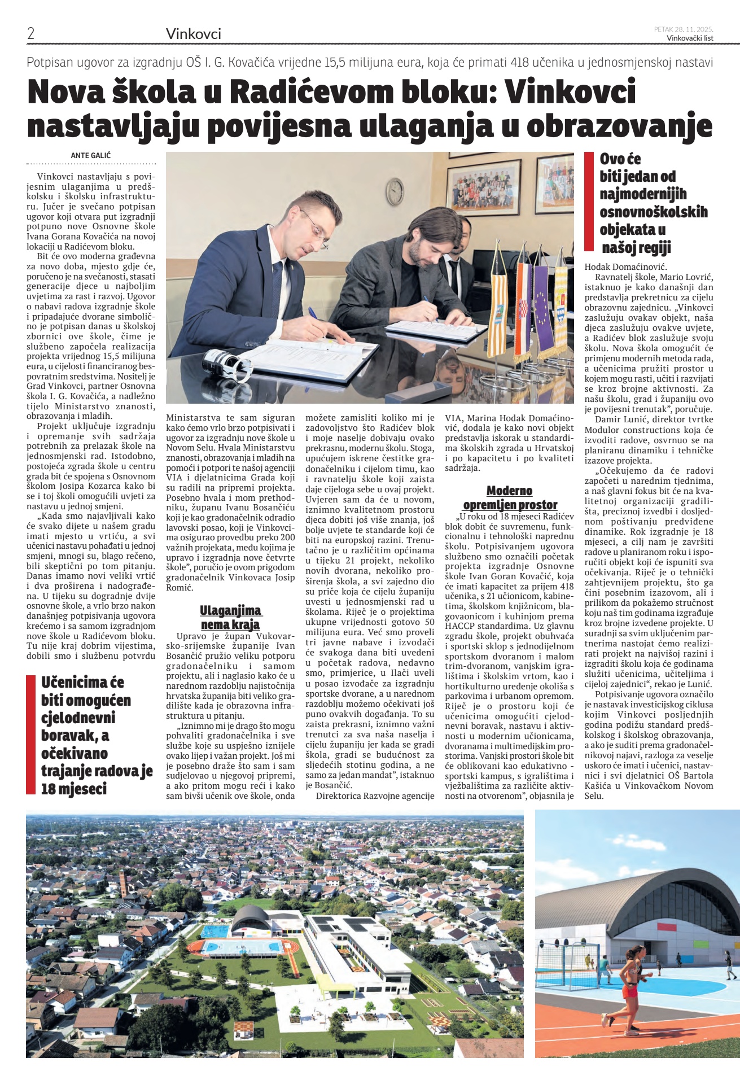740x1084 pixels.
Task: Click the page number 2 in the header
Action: (x=31, y=33)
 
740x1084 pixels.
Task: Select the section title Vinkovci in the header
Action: (x=194, y=34)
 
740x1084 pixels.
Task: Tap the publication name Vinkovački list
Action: (x=690, y=38)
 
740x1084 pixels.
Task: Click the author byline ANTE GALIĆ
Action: (x=90, y=155)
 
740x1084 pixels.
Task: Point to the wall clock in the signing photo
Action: (x=396, y=192)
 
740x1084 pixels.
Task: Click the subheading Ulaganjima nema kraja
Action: (x=230, y=617)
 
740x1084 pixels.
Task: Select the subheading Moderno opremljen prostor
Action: (x=510, y=497)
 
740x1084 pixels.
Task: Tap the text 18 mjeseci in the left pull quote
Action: (x=74, y=789)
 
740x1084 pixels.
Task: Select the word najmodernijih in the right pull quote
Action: (x=643, y=194)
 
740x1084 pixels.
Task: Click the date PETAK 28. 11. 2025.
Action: (x=683, y=29)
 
